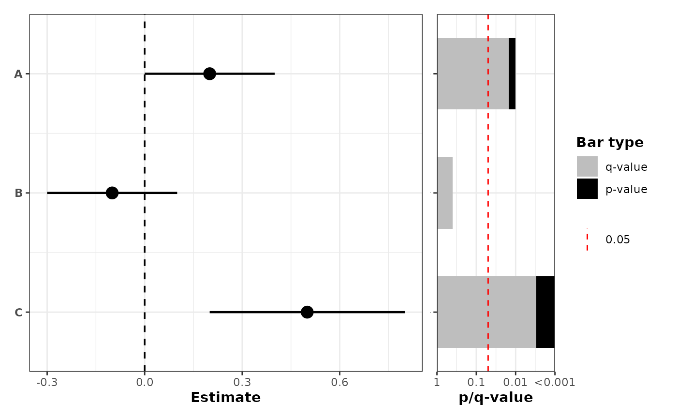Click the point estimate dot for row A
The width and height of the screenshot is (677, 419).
point(209,74)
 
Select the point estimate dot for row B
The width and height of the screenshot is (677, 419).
point(112,193)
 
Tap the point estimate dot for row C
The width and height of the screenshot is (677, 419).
point(307,312)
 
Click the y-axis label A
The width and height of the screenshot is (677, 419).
point(18,74)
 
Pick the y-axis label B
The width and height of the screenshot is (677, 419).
point(18,193)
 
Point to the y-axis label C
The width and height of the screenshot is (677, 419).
point(18,313)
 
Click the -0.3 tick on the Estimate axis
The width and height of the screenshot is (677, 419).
point(47,382)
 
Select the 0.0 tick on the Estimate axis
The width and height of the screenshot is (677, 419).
point(145,382)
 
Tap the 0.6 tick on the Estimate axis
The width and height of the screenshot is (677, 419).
point(339,382)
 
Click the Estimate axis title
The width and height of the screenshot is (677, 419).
point(225,398)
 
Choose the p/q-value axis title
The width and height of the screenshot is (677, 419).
point(496,398)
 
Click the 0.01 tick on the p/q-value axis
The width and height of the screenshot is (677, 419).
point(515,382)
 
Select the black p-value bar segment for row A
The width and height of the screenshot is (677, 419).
point(512,74)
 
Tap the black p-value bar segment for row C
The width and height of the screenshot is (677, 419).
point(545,312)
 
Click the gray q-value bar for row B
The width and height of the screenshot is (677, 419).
point(445,193)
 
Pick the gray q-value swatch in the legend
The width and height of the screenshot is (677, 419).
point(587,166)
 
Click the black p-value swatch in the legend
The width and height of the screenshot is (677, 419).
point(587,189)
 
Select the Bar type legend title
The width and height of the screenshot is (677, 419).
point(610,143)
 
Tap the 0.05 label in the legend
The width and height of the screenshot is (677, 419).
point(618,239)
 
